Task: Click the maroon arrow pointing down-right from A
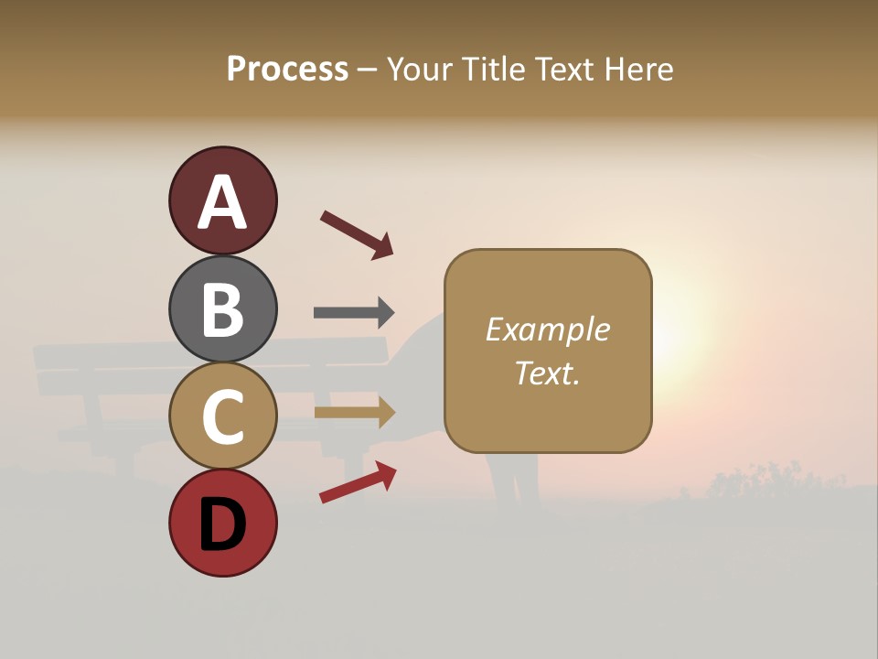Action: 357,235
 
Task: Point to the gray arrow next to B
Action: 354,312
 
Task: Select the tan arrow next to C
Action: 355,413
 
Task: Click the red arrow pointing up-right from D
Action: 358,482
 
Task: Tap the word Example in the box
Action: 548,329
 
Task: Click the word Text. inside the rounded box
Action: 548,373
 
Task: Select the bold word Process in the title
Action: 287,69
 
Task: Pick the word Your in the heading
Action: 419,69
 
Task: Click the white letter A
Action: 223,203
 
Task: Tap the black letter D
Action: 223,524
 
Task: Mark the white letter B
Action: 223,309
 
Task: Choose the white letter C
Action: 223,417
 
